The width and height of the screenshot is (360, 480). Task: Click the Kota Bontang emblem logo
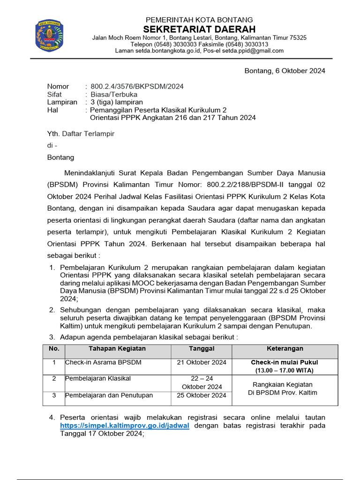pos(48,36)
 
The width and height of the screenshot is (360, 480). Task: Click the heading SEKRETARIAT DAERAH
pos(199,29)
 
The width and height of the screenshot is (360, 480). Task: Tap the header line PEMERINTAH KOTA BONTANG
pos(199,20)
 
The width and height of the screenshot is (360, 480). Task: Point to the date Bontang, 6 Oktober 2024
pos(285,71)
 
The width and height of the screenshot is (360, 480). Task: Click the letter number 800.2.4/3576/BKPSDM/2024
pos(137,86)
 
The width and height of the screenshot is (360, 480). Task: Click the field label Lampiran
pos(62,102)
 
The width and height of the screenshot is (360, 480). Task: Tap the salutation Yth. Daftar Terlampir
pos(81,134)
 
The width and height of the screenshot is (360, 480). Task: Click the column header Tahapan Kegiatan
pos(117,349)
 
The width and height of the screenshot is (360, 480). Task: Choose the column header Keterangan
pos(285,349)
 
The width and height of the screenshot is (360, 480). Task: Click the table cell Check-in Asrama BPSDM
pos(103,362)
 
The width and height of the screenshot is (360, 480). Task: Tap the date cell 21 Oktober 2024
pos(202,362)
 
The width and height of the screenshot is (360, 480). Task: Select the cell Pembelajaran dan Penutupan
pos(109,395)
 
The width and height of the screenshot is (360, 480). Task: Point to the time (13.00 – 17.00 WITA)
pos(285,370)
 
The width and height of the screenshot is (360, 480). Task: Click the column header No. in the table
pos(54,349)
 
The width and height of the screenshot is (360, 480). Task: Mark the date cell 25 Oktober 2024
pos(202,395)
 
